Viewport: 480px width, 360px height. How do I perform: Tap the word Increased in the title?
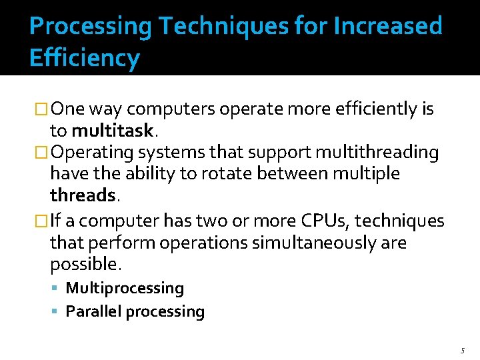click(x=387, y=27)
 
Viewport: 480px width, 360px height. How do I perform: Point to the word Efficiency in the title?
click(x=85, y=59)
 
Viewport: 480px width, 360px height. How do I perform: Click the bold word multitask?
click(x=113, y=129)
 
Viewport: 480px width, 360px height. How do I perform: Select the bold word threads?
click(x=83, y=195)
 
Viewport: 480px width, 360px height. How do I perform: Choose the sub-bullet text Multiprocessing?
click(x=125, y=288)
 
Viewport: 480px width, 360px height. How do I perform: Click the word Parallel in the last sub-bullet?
click(x=93, y=311)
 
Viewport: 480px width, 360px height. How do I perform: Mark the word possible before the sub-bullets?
click(x=84, y=265)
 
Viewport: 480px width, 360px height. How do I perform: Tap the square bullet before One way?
click(x=42, y=109)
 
